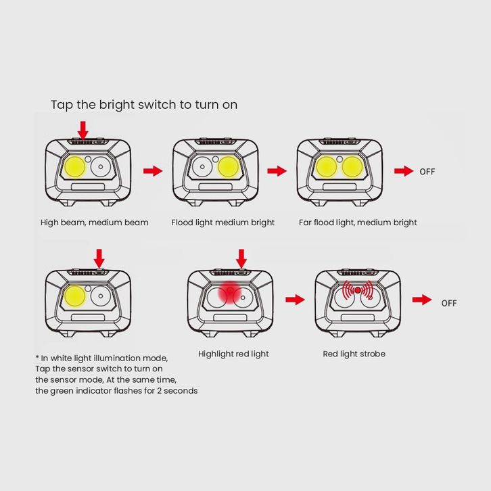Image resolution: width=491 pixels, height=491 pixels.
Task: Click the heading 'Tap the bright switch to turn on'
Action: (144, 105)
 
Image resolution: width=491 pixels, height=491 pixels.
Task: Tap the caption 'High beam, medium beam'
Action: (94, 223)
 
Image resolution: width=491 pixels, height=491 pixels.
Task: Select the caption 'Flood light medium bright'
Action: (223, 223)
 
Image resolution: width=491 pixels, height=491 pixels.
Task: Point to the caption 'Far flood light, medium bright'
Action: (358, 223)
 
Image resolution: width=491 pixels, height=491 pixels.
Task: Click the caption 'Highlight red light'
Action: (233, 354)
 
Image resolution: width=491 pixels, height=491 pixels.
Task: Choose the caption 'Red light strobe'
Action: (354, 354)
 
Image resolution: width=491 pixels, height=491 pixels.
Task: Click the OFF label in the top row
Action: (427, 172)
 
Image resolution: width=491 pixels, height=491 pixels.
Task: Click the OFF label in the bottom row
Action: (449, 303)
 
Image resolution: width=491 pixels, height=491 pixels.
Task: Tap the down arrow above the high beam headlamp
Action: (83, 131)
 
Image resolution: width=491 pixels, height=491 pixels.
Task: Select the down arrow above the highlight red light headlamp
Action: (241, 258)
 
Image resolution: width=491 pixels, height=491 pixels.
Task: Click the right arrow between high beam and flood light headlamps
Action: (153, 171)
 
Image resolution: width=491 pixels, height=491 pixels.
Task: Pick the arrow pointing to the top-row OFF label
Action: (404, 171)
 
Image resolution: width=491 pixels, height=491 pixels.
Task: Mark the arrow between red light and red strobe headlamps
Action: (295, 300)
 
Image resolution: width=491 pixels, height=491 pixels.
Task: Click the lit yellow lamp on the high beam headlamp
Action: (75, 167)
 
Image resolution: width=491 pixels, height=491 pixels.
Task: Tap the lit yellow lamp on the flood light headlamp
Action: (229, 167)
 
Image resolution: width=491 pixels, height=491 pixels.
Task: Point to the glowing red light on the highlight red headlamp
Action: (230, 292)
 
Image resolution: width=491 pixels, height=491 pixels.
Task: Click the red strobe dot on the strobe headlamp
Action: (358, 290)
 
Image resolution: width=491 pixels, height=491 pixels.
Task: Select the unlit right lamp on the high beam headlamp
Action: (101, 167)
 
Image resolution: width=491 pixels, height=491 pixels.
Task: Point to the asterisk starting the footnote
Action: (37, 357)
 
